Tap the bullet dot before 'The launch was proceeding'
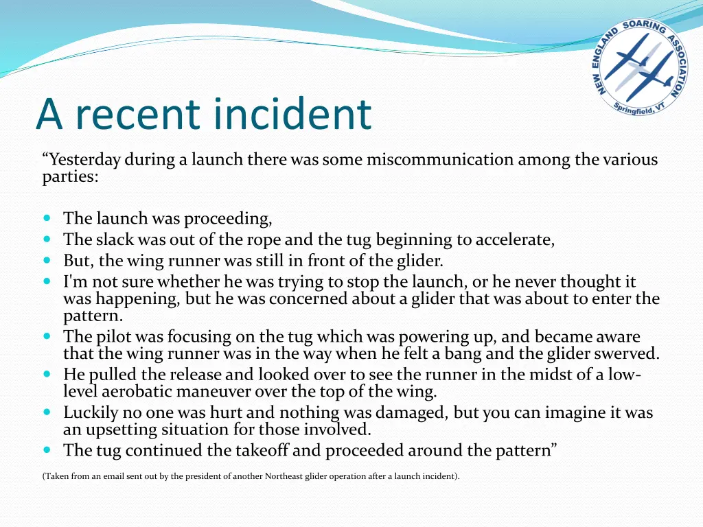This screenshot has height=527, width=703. point(47,218)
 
